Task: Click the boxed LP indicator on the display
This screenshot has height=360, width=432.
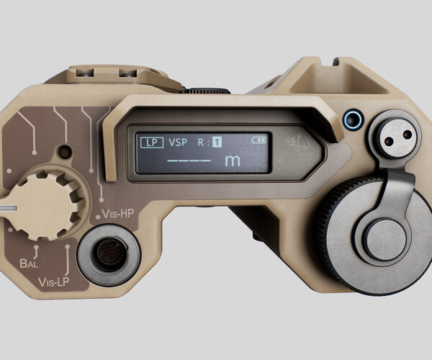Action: [x=150, y=142]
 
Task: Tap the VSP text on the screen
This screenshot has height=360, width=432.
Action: [x=177, y=143]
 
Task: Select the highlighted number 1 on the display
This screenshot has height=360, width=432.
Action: [x=217, y=142]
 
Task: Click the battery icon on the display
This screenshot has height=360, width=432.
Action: [x=258, y=139]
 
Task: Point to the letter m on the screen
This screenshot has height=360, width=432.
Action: [x=232, y=161]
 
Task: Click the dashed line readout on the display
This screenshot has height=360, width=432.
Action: [x=189, y=161]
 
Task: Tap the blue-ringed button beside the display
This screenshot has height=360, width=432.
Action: [x=352, y=119]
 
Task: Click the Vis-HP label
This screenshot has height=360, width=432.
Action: [x=119, y=214]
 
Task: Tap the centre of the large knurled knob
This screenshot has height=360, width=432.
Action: [x=382, y=238]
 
